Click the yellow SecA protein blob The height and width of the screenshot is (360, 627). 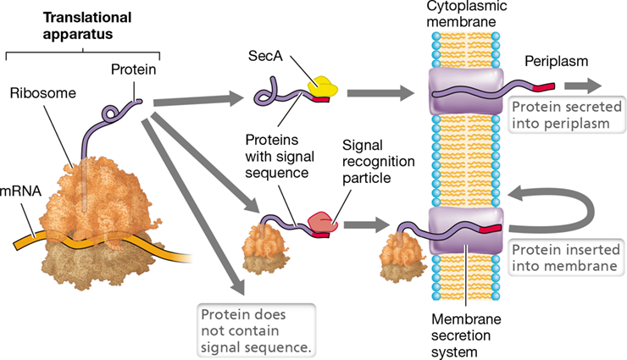pos(323,86)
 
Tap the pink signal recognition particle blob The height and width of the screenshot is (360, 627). pos(323,222)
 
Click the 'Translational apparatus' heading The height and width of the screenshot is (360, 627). pos(86,25)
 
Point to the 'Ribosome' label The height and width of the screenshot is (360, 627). pos(42,93)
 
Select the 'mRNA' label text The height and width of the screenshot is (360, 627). pos(20,191)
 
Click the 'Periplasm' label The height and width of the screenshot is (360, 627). pos(556,61)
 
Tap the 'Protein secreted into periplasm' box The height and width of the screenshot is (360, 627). pos(567,115)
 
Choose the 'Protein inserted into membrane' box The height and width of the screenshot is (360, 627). pos(566,258)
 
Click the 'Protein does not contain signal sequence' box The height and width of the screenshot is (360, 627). pos(256,330)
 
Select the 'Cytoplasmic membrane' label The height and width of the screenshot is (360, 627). pos(466,14)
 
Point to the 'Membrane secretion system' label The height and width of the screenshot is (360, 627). pos(466,335)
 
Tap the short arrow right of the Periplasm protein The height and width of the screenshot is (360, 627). pos(583,86)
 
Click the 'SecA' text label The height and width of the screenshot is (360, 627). pos(265,56)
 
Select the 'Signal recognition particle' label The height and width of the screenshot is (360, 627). pos(378,162)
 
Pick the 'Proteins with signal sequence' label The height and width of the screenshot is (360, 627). pos(280,156)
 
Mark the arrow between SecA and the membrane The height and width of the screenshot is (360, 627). pos(380,93)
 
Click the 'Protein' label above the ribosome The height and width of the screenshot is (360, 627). pos(134,69)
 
